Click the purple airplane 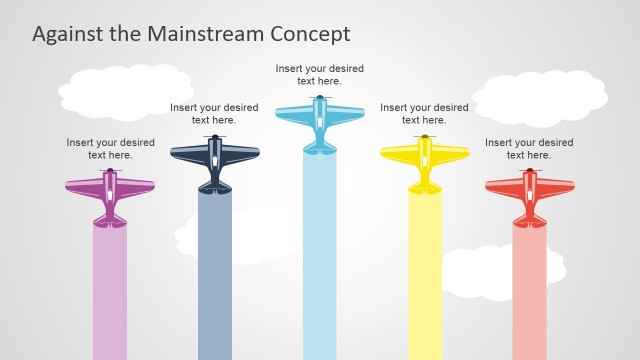(x=110, y=195)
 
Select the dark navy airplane (x=215, y=160)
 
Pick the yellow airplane (x=425, y=160)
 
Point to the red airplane (x=530, y=195)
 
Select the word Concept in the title (x=311, y=33)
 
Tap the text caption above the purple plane (x=110, y=149)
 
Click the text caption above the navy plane (x=214, y=114)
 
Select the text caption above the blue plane (x=320, y=75)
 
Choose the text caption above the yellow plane (x=424, y=114)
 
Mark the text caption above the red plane (x=529, y=149)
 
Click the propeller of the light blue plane (x=320, y=97)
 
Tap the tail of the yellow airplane (x=425, y=187)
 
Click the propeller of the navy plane (x=215, y=136)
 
